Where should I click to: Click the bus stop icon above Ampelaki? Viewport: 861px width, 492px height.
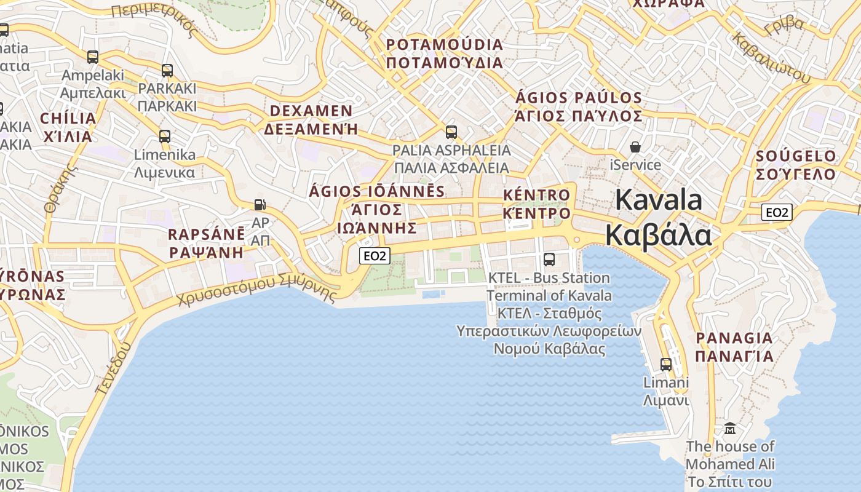point(93,57)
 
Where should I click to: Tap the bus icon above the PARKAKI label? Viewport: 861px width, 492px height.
point(167,70)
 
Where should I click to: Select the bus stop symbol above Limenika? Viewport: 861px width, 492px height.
point(165,136)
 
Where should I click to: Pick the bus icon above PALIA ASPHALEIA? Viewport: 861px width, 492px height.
point(451,132)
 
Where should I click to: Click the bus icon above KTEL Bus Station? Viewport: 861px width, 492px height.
point(549,260)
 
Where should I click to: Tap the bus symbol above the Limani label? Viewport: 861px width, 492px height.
point(666,364)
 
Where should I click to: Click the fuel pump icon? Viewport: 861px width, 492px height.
point(260,205)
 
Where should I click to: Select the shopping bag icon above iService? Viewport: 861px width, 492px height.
point(635,147)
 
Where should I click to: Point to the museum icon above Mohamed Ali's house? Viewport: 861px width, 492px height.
point(730,428)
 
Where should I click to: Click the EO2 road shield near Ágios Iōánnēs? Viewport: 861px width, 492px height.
point(375,256)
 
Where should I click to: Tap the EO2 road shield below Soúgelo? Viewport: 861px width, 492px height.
point(777,213)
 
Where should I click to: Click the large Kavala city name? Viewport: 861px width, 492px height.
point(659,218)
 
